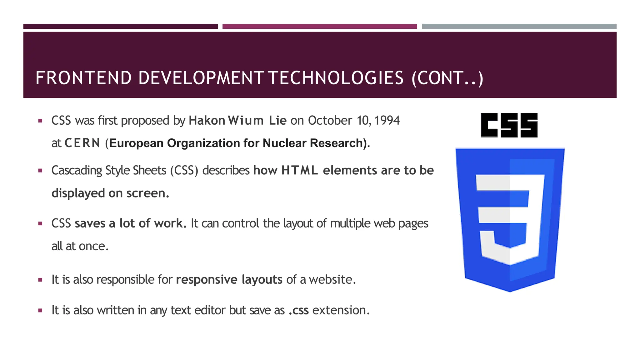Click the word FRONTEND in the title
click(83, 78)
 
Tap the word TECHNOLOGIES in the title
click(336, 78)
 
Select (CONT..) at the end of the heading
click(447, 78)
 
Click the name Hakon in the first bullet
click(207, 121)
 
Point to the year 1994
click(387, 121)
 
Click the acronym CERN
click(82, 143)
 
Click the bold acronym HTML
click(299, 171)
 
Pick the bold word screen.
click(147, 193)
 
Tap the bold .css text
click(298, 310)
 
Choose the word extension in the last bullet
click(341, 310)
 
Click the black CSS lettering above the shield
click(509, 125)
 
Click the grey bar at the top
click(519, 27)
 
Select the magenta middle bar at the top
click(319, 27)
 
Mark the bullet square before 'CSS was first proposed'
click(40, 121)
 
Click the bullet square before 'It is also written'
click(40, 311)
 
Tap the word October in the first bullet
click(330, 121)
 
